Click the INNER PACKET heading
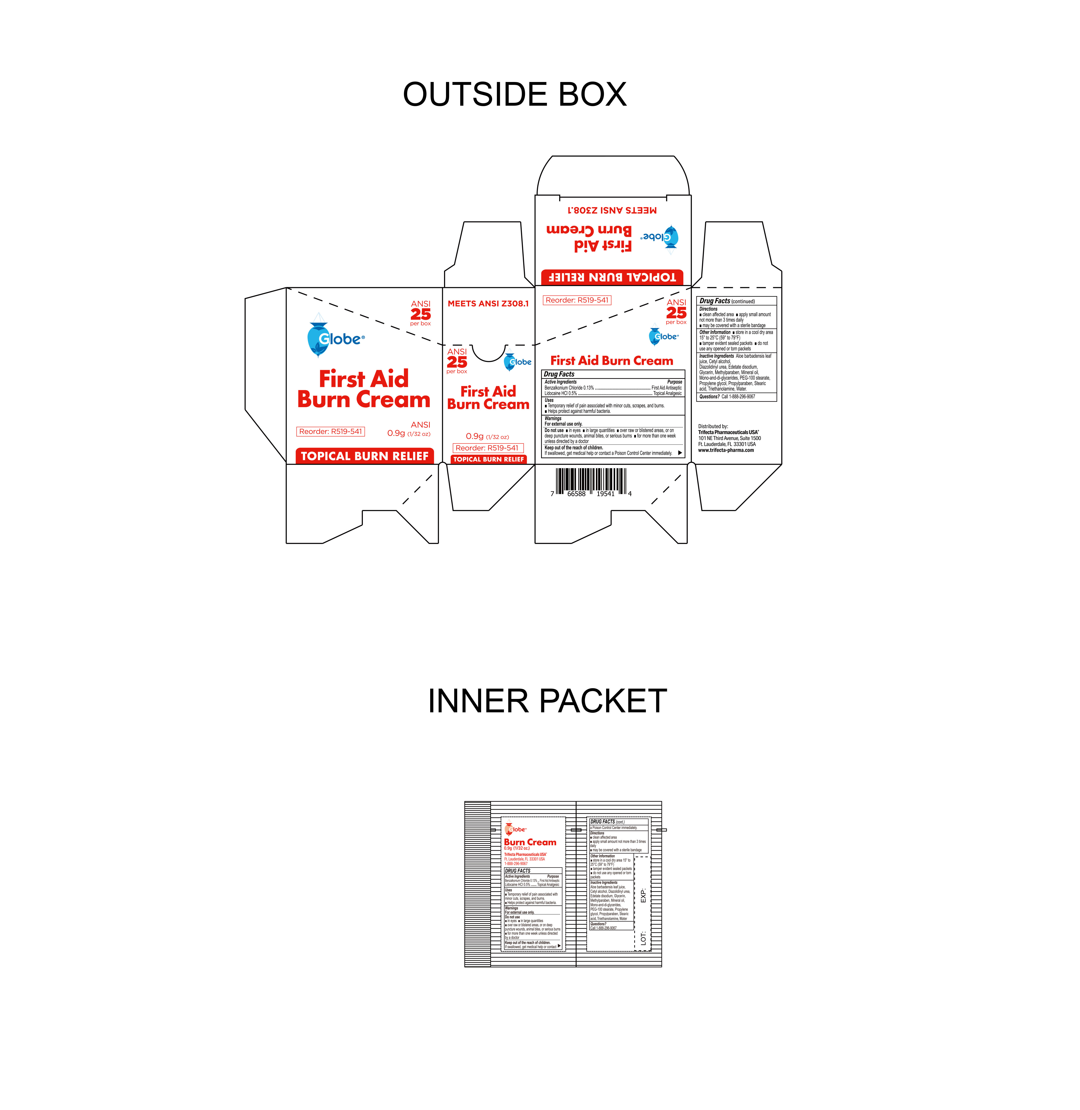tap(547, 701)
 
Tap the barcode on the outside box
tap(591, 482)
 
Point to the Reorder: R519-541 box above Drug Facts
tap(577, 300)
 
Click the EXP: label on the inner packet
tap(643, 896)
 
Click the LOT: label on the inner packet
tap(643, 938)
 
